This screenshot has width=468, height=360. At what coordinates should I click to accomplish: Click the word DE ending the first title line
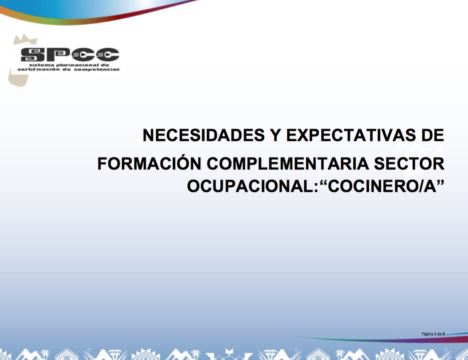point(432,135)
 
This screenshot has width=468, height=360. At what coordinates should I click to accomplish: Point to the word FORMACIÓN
point(149,163)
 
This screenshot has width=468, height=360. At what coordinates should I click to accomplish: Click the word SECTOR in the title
point(409,164)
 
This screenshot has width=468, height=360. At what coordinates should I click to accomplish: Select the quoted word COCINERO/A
point(382,186)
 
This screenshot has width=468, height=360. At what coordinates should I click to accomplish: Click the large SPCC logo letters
point(70,55)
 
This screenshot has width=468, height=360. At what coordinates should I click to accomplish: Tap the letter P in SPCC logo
point(58,55)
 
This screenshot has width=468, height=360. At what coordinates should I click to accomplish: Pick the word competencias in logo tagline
point(97,69)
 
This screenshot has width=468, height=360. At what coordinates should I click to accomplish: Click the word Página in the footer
point(428,334)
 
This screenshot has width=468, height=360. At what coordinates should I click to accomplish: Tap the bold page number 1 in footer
point(435,334)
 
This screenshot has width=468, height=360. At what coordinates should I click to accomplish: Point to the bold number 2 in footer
point(444,334)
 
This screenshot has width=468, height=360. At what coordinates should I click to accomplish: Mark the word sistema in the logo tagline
point(42,65)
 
